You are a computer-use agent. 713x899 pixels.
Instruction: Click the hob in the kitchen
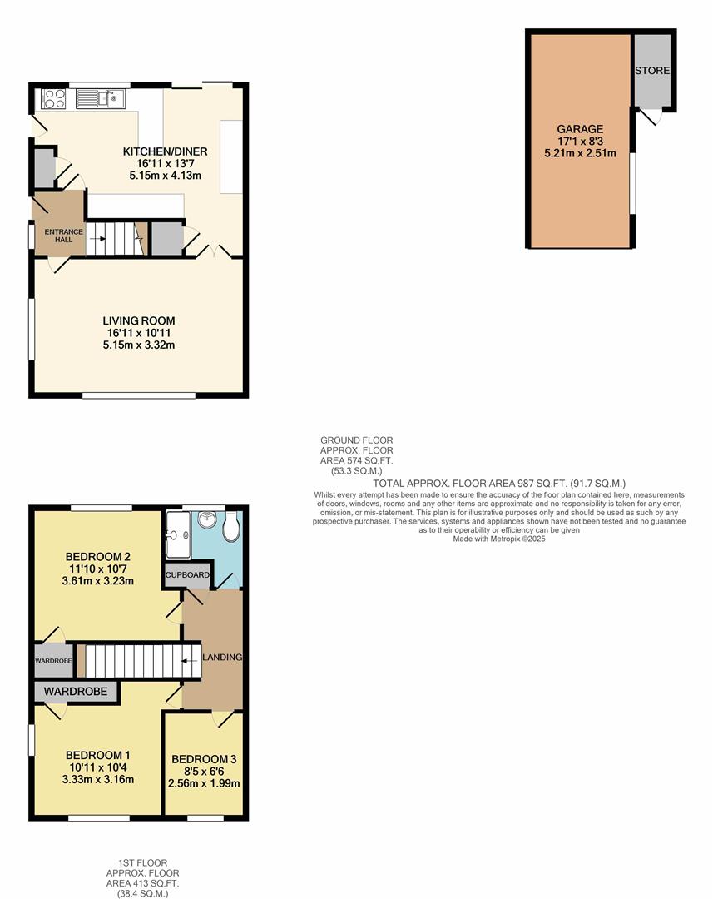pos(54,99)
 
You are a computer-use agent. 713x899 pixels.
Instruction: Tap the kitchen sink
pos(100,99)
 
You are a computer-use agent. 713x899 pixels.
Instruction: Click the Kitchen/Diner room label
pos(165,151)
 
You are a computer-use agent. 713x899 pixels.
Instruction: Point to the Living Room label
pos(139,320)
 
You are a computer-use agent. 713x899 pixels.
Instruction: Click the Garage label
pos(580,129)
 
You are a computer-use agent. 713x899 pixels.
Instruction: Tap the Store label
pos(652,71)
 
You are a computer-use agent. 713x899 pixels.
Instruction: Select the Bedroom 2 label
pos(98,557)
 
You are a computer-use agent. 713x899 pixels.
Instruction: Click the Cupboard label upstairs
pos(187,575)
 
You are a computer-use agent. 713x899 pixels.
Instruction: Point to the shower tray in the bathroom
pos(178,534)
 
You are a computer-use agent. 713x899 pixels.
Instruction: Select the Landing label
pos(222,658)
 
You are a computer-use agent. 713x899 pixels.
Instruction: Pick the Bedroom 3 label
pos(204,759)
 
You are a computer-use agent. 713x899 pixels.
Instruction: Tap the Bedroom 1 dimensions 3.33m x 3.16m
pos(98,780)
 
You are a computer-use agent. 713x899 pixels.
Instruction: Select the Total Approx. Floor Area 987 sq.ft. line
pos(499,484)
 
